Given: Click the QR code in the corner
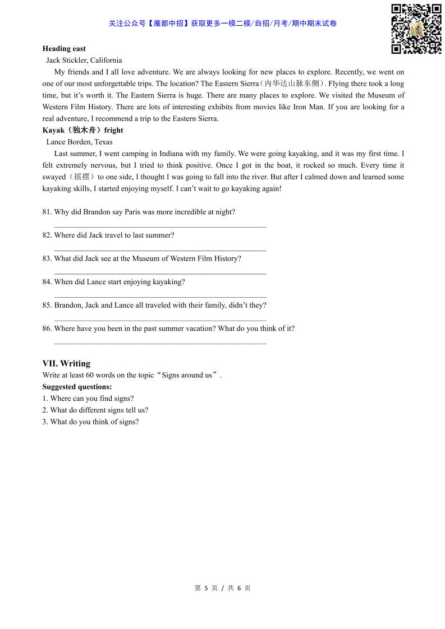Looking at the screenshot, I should point(416,29).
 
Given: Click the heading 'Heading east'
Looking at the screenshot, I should point(64,49).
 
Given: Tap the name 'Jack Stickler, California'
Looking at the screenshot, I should point(84,61).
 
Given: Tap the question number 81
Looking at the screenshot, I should point(47,212).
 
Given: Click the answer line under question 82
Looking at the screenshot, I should point(160,250).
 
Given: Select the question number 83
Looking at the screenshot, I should point(47,258).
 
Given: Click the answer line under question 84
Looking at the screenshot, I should point(160,297).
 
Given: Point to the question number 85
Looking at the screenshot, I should point(47,306).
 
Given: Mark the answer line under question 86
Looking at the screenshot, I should point(160,343).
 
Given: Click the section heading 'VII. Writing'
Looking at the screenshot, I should point(66,363).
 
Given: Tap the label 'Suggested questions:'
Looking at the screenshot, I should point(77,387).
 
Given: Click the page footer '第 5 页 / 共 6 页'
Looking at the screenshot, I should point(222,588).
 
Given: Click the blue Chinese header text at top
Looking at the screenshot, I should point(222,24).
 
